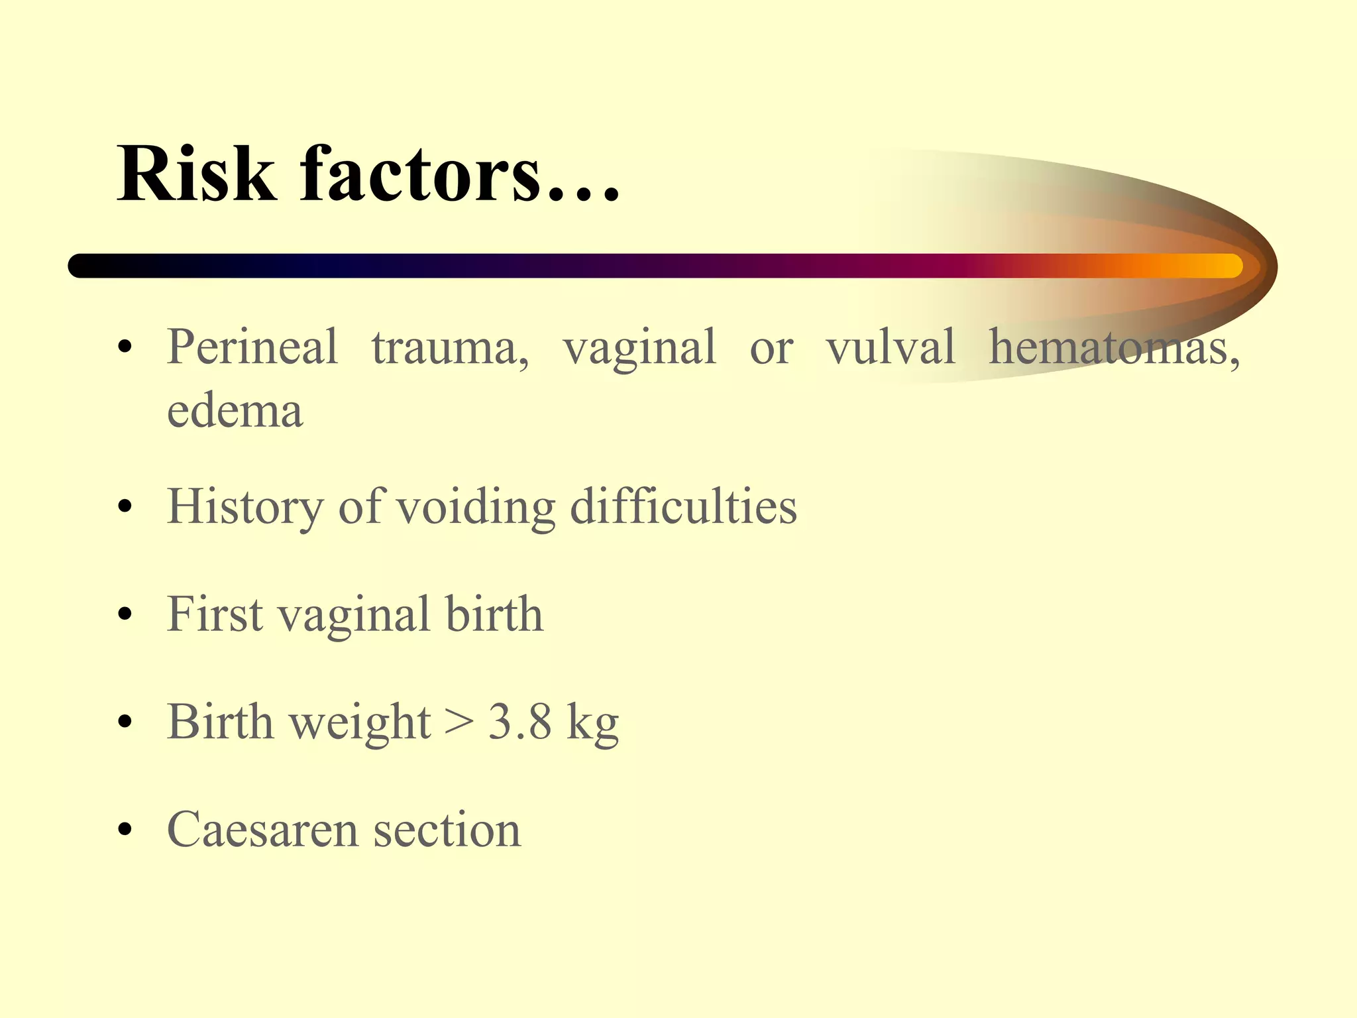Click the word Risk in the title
196,174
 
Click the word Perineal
252,347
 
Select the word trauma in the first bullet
450,348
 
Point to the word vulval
890,347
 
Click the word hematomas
1113,348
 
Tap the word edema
235,410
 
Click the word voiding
476,508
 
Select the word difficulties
683,506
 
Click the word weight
360,722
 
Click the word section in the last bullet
447,829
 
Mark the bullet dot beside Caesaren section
125,830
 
